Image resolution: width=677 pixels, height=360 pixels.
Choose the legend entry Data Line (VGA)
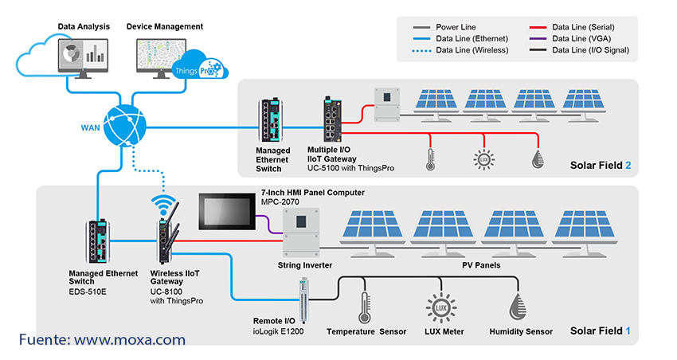coord(574,38)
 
